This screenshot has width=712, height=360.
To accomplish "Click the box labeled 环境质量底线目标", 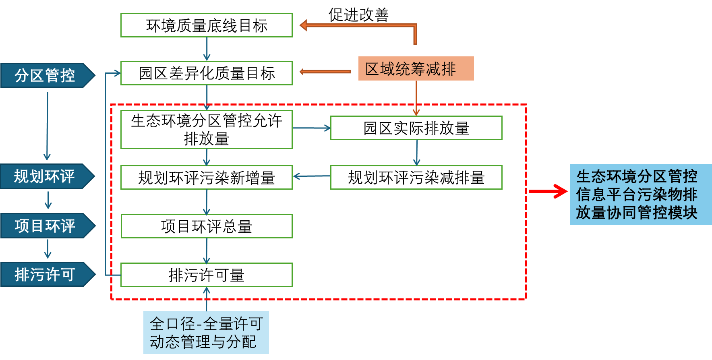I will [x=206, y=25].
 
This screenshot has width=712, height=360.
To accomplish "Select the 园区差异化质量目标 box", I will [x=206, y=73].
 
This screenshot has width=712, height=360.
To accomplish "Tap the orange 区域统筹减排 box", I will [x=416, y=69].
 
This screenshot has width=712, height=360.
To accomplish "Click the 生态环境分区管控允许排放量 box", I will [x=206, y=129].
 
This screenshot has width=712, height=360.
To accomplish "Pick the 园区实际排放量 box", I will [x=416, y=128].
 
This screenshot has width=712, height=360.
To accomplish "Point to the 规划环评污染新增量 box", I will [x=206, y=178].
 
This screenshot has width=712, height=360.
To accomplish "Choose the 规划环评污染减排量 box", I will [x=416, y=178].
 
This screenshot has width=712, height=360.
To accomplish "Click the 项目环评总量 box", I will [x=206, y=226].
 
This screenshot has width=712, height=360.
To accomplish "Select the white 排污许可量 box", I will [x=206, y=275].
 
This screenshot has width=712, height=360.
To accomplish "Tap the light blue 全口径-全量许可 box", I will [x=206, y=333].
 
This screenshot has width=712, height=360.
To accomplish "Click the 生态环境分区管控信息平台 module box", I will [x=640, y=194].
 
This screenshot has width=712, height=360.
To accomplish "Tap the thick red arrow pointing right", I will [x=548, y=191].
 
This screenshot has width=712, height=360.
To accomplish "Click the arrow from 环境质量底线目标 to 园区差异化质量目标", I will [x=207, y=49].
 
